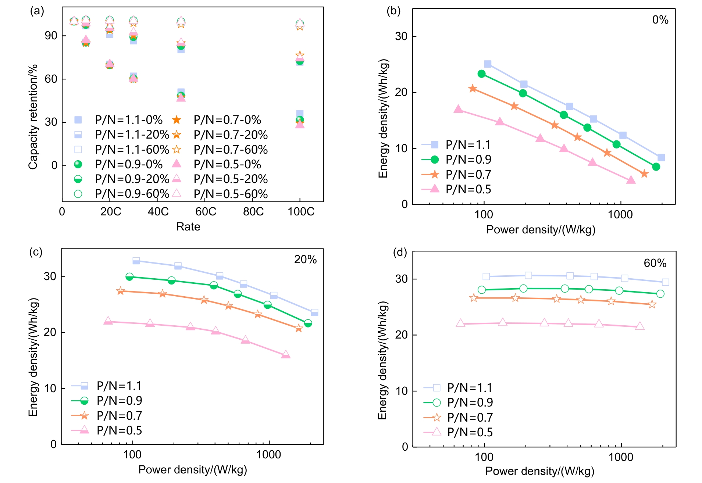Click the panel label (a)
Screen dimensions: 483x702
[37, 11]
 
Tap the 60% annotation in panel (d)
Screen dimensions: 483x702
[655, 263]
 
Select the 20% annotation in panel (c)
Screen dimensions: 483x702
[305, 260]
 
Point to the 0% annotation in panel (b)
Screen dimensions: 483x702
[660, 20]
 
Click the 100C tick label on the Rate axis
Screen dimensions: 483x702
[301, 212]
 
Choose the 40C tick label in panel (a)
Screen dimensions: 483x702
[158, 212]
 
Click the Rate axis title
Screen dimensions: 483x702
[188, 226]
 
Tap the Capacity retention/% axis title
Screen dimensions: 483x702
[33, 117]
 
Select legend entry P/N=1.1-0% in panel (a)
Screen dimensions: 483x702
[128, 120]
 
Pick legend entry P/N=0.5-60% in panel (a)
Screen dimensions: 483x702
[230, 194]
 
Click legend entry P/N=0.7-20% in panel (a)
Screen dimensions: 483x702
[230, 135]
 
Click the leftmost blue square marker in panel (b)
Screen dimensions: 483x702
[488, 64]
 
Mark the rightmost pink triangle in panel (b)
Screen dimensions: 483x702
[631, 180]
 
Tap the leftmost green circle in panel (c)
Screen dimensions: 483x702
[129, 277]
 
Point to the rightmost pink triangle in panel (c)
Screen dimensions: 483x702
[286, 355]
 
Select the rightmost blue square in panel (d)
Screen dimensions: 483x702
[665, 282]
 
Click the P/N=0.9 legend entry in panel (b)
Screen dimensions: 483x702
[468, 160]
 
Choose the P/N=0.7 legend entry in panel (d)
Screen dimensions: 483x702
[470, 418]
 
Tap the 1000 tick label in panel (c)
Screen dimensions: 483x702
[268, 455]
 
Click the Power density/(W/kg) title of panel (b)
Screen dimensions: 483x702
[541, 230]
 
